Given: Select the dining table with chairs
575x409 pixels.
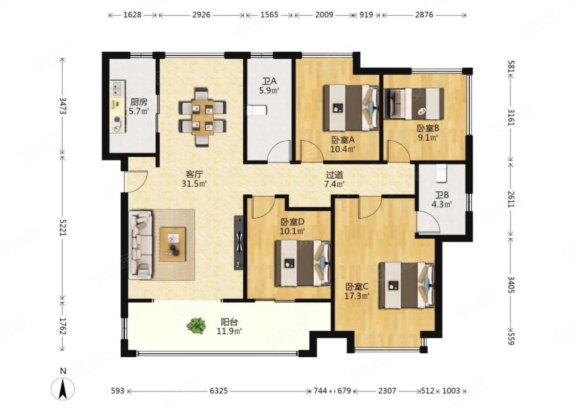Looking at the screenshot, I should [x=202, y=117].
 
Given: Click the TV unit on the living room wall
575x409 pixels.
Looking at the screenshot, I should [x=239, y=242].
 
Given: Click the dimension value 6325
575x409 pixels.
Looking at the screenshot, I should [x=218, y=391].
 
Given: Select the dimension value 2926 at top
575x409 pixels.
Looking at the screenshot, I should [x=201, y=15].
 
